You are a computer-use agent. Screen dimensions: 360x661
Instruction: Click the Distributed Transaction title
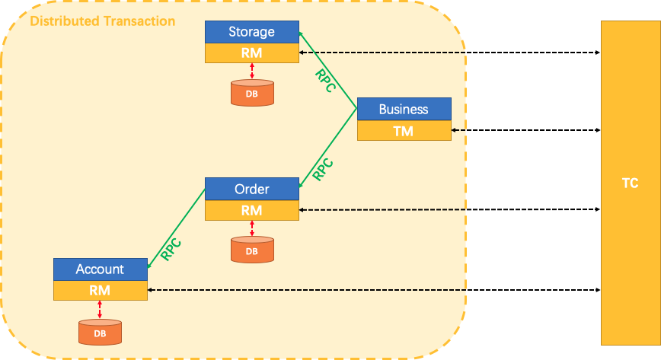[102, 21]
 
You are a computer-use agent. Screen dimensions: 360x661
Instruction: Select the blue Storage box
[251, 32]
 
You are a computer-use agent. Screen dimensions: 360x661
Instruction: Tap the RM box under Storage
[251, 53]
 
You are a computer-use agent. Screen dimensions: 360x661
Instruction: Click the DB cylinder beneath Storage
[252, 92]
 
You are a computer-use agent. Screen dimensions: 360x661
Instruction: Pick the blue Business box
[404, 109]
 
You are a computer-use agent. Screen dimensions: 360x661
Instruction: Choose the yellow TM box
[404, 131]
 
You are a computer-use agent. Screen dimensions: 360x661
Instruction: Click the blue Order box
[251, 189]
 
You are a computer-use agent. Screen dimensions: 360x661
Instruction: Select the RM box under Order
[251, 210]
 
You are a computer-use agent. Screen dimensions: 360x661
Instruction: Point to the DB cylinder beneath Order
[252, 250]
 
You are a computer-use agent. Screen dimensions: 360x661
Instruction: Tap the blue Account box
[100, 269]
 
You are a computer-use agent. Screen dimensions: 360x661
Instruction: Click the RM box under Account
[100, 290]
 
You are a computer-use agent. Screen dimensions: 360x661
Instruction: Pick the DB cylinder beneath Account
[100, 332]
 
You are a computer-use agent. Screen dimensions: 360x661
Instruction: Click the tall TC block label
[630, 183]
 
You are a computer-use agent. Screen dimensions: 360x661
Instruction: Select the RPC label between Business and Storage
[326, 81]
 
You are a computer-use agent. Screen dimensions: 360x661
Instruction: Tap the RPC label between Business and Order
[324, 168]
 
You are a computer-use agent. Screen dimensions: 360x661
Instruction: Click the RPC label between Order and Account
[171, 248]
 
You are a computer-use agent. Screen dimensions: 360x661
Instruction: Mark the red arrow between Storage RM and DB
[252, 71]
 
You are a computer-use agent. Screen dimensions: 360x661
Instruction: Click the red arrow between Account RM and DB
[100, 309]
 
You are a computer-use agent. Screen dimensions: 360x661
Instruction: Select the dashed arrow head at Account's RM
[151, 290]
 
